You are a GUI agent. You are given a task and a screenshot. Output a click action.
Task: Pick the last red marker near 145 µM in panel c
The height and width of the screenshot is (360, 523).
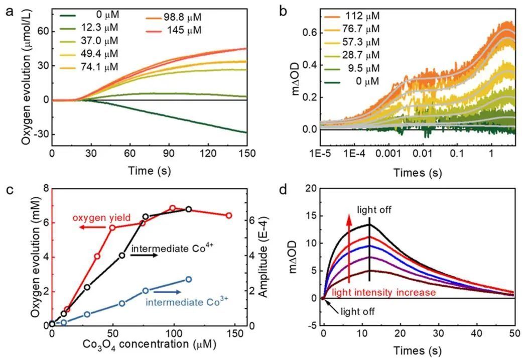[x=229, y=215]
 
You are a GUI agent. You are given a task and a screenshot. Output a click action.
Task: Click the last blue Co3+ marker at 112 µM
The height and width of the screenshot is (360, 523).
[x=189, y=280]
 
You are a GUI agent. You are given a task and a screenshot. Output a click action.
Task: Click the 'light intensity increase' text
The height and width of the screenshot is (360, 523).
[x=381, y=292]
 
